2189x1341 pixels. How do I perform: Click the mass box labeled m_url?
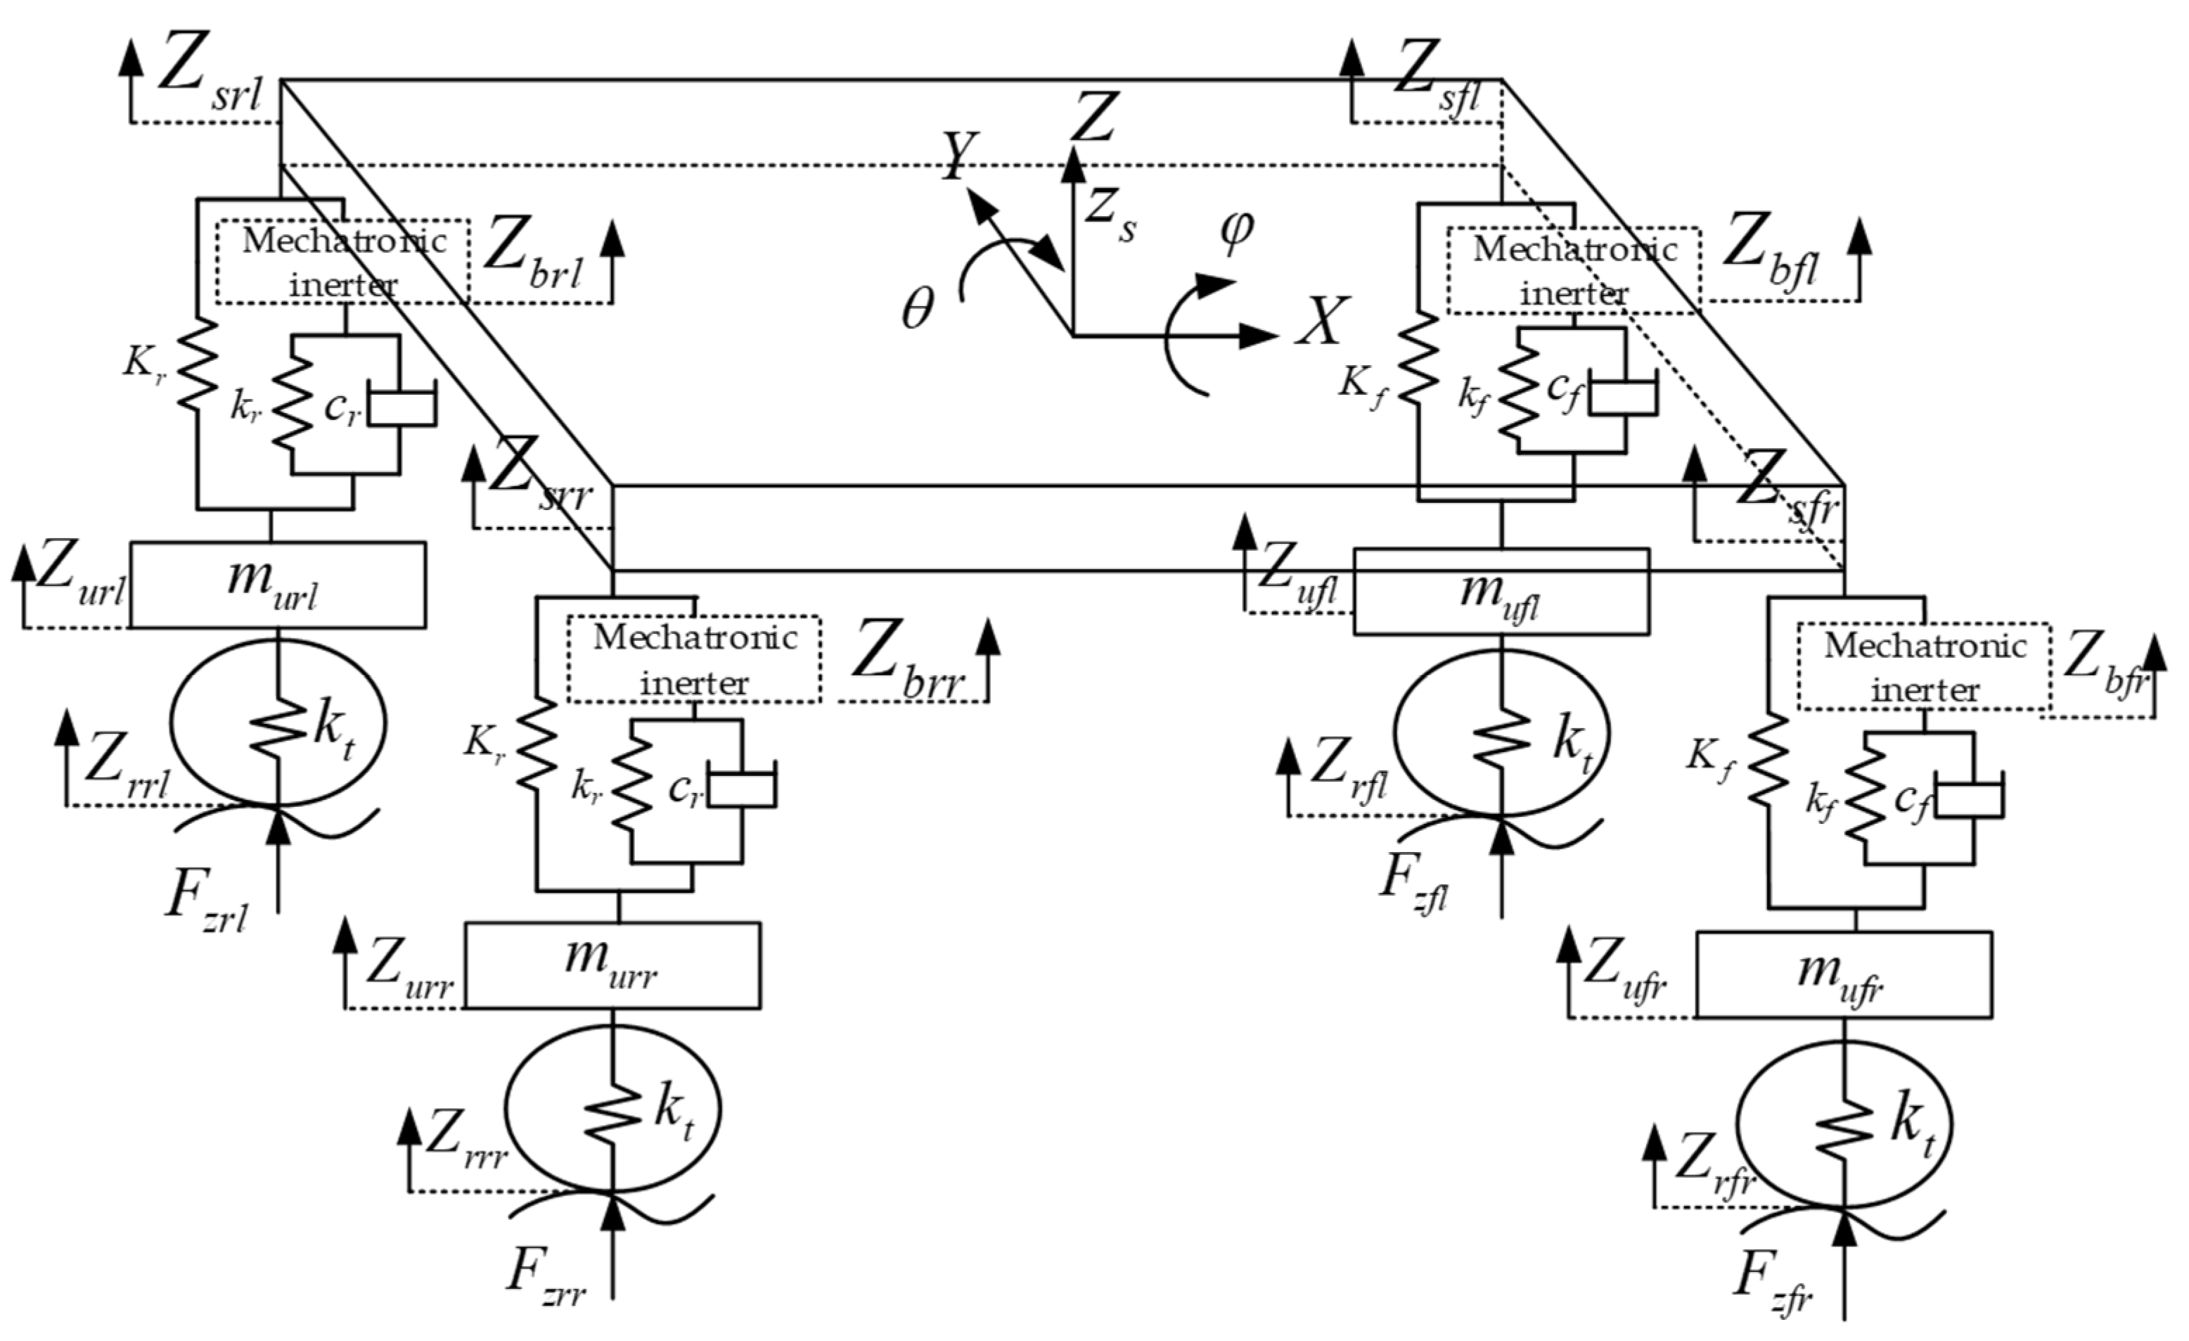tap(277, 584)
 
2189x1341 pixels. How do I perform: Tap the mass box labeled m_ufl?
tap(1501, 592)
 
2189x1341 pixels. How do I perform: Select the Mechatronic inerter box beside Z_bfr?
tap(1925, 666)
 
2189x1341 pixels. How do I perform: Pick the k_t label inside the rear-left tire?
tap(333, 732)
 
